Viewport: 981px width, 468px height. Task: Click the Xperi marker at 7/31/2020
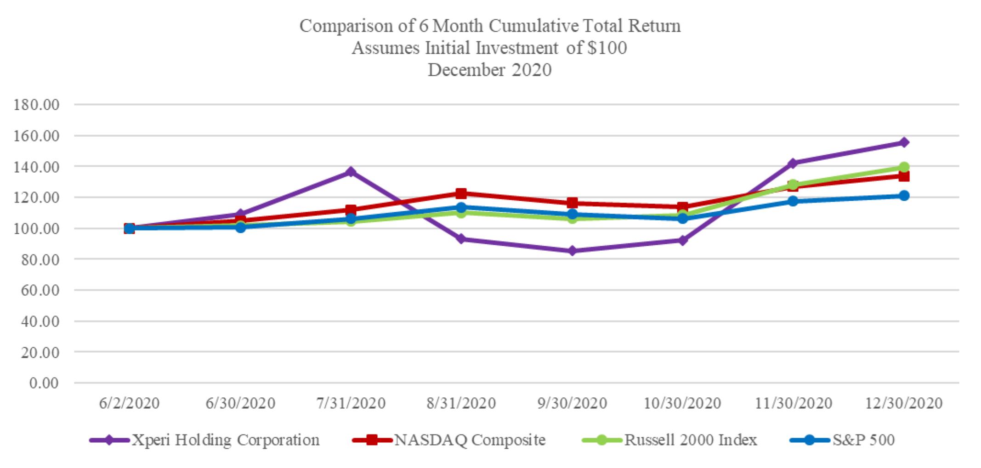pyautogui.click(x=351, y=172)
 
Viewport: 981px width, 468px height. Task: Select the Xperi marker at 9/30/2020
pyautogui.click(x=572, y=251)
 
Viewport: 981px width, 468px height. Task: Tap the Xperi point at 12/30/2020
pyautogui.click(x=904, y=142)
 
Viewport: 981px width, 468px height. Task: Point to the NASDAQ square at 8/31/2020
pyautogui.click(x=461, y=193)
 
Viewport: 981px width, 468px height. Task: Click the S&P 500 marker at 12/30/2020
pyautogui.click(x=904, y=196)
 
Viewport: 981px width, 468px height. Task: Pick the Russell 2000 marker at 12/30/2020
pyautogui.click(x=904, y=167)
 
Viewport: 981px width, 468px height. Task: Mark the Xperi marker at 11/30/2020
pyautogui.click(x=793, y=163)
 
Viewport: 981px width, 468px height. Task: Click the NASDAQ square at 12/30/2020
pyautogui.click(x=904, y=176)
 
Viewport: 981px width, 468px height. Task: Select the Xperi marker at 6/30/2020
pyautogui.click(x=240, y=214)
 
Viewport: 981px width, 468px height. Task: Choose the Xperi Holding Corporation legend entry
pyautogui.click(x=204, y=440)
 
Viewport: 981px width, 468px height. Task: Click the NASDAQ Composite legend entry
pyautogui.click(x=449, y=440)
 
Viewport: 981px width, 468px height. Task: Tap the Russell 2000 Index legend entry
pyautogui.click(x=669, y=440)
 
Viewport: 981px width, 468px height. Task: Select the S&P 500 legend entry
pyautogui.click(x=842, y=440)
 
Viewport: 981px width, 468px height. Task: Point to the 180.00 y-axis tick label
pyautogui.click(x=37, y=105)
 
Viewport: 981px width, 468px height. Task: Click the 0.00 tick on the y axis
pyautogui.click(x=44, y=383)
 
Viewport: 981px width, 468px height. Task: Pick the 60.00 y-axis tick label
pyautogui.click(x=40, y=290)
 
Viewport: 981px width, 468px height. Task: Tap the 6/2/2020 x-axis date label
pyautogui.click(x=129, y=403)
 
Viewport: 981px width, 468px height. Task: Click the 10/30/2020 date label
pyautogui.click(x=682, y=403)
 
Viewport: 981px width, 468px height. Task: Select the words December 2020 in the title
pyautogui.click(x=490, y=70)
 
